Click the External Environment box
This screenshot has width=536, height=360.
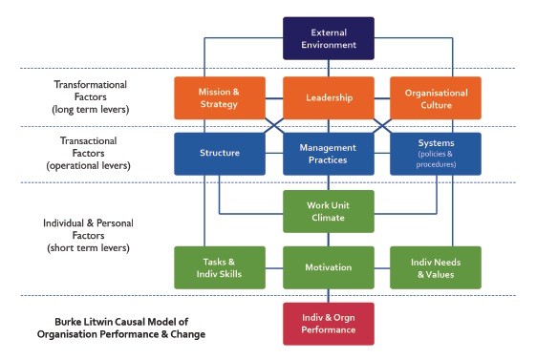click(x=328, y=38)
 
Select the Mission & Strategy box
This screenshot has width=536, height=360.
click(x=219, y=97)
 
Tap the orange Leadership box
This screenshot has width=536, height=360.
click(x=328, y=97)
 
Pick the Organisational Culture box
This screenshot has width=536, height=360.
click(x=436, y=97)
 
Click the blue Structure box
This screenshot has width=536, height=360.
click(x=219, y=153)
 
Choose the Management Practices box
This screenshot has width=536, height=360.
click(x=328, y=153)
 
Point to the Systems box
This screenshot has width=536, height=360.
click(x=436, y=153)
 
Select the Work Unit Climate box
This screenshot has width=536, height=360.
click(x=328, y=211)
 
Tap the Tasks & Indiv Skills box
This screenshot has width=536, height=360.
click(x=219, y=267)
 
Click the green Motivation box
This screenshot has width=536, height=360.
click(x=328, y=267)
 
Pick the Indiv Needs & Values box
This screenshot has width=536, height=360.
click(x=436, y=267)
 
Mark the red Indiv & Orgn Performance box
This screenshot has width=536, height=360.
click(x=328, y=323)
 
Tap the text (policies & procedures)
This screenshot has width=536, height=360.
click(x=436, y=159)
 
